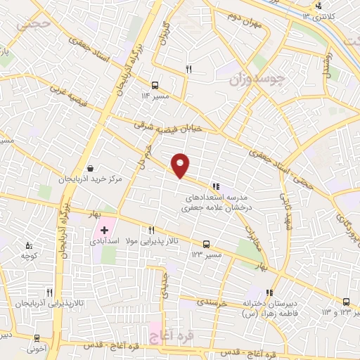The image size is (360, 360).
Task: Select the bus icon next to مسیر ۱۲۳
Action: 205,244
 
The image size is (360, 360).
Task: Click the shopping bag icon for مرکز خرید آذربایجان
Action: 91,169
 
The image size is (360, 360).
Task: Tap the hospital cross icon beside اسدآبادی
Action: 104,229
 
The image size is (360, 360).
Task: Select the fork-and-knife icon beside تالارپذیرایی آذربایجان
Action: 49,292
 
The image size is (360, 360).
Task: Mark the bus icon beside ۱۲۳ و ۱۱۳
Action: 345,302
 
